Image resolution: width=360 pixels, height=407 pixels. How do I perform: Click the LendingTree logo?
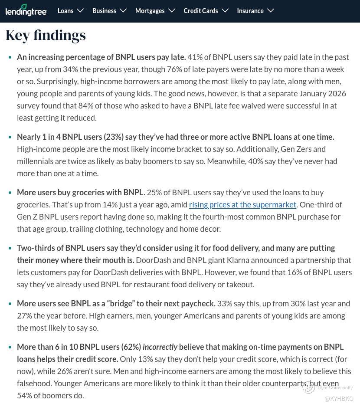[x=26, y=10]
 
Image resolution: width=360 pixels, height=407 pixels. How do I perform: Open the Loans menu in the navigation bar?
[x=65, y=11]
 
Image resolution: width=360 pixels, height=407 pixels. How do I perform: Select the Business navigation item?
[x=104, y=11]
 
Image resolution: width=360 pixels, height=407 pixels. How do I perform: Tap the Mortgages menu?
[x=150, y=11]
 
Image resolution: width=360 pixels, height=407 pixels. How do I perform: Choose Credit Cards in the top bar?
[x=200, y=11]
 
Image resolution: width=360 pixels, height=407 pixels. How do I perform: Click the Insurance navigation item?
[x=250, y=11]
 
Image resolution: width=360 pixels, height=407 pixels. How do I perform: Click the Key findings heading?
[x=46, y=35]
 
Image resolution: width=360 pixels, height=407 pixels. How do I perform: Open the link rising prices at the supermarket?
[x=242, y=204]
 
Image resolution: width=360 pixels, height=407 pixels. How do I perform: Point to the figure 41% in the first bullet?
[x=194, y=57]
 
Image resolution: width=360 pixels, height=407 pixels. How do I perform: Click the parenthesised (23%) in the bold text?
[x=114, y=137]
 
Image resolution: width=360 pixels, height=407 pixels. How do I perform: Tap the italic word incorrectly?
[x=160, y=347]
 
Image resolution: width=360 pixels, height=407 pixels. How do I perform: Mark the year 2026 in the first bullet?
[x=337, y=93]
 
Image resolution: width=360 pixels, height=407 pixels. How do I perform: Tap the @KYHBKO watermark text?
[x=339, y=399]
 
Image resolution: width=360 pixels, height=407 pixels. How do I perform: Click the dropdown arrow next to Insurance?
[x=271, y=10]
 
